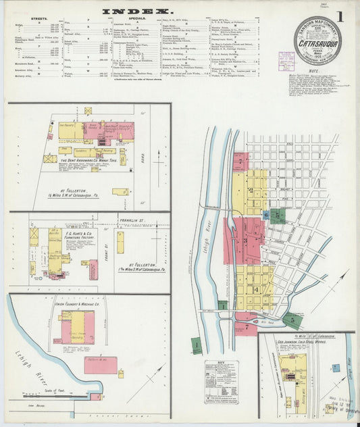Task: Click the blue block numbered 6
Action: click(265, 216)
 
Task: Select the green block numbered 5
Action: click(292, 318)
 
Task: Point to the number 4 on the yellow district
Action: click(255, 289)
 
